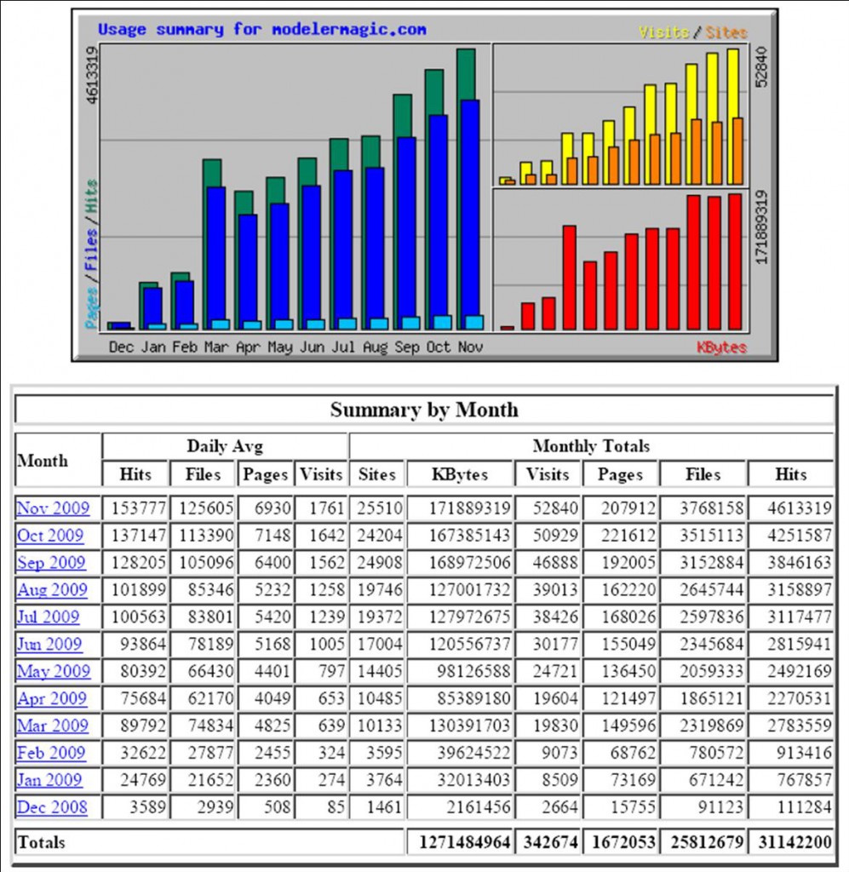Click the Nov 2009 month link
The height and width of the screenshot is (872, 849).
(52, 508)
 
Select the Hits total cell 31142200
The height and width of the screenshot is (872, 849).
(791, 843)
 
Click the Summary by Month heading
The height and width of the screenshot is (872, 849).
(424, 410)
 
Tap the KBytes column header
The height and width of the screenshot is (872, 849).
(460, 474)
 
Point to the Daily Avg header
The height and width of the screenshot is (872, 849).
(224, 446)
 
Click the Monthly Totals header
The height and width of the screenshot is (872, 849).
(591, 446)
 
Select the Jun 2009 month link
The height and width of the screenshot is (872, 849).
(49, 644)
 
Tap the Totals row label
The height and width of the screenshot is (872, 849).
(41, 843)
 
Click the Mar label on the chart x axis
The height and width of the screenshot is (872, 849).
(215, 347)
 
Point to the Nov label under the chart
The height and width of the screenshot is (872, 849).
(469, 347)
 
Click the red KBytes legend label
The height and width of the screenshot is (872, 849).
(721, 347)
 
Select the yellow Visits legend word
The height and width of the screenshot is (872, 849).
(663, 32)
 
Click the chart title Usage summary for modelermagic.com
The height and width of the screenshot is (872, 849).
(262, 29)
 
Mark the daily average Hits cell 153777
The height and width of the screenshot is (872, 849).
(137, 508)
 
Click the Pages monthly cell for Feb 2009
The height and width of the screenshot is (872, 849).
(620, 753)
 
